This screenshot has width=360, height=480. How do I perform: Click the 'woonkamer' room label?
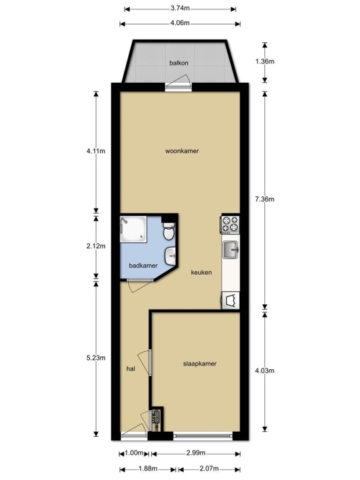click(x=182, y=151)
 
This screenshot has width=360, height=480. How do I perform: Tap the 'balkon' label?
click(x=179, y=63)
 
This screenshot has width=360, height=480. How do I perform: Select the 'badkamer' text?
click(x=143, y=266)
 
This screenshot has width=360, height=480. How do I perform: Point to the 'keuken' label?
click(x=202, y=272)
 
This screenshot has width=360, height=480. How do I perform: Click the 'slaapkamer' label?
click(x=199, y=363)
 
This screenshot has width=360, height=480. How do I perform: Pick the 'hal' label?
click(x=131, y=368)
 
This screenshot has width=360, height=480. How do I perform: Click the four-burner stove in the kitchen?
click(x=230, y=224)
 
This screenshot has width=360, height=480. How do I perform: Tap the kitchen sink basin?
click(x=230, y=249)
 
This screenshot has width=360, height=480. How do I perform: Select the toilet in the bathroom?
click(x=168, y=232)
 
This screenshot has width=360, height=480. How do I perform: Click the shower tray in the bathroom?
click(x=133, y=230)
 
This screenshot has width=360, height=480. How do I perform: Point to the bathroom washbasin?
click(x=170, y=256)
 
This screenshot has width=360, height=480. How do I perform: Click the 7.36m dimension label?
click(x=265, y=199)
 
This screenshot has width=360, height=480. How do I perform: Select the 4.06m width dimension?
click(x=180, y=23)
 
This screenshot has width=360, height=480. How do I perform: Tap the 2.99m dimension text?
click(x=196, y=453)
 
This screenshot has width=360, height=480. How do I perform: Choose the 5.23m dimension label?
click(x=96, y=358)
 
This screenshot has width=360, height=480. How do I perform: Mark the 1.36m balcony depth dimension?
click(x=265, y=62)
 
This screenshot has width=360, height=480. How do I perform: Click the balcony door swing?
click(x=179, y=82)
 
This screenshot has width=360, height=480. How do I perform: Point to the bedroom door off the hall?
click(x=145, y=363)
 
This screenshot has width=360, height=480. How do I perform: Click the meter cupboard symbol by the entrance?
click(x=156, y=419)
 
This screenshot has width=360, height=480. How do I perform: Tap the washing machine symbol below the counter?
click(x=231, y=300)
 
